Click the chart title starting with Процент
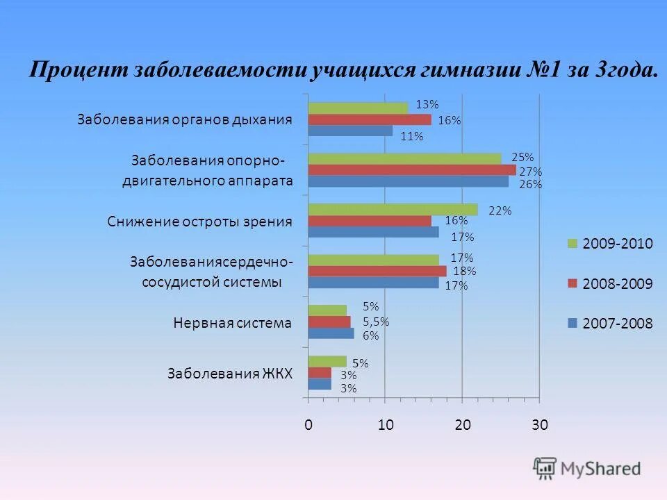point(343,72)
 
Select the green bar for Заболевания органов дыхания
point(359,108)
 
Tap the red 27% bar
point(412,170)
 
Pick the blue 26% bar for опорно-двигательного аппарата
point(409,182)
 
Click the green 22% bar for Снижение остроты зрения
point(393,209)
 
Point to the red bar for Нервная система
point(329,322)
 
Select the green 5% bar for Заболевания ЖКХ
point(327,361)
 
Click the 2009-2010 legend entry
point(611,243)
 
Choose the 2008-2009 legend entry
point(611,283)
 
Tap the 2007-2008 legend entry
point(611,323)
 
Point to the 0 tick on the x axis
point(308,426)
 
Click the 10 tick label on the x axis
point(386,426)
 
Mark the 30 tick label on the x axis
point(540,426)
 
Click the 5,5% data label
point(376,322)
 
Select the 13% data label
point(427,105)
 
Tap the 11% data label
point(412,136)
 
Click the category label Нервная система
point(232,323)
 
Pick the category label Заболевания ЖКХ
point(230,374)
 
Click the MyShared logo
point(587,468)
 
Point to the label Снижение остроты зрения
point(200,222)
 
